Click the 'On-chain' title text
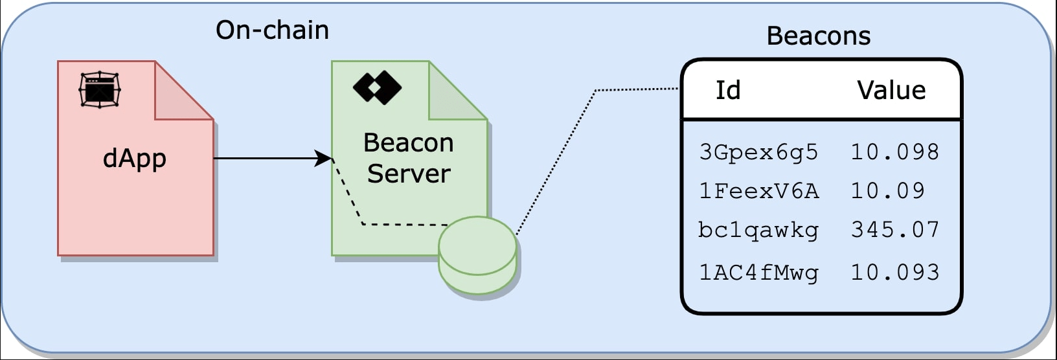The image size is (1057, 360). [x=272, y=30]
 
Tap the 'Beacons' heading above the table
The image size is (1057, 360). [x=819, y=36]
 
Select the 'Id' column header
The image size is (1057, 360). [x=728, y=90]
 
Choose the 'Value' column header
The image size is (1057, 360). [x=891, y=90]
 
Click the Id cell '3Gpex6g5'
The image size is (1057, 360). [x=758, y=152]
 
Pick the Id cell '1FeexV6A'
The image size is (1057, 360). [x=758, y=191]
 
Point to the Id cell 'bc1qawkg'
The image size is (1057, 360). [x=758, y=230]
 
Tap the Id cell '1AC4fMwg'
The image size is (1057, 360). [x=758, y=273]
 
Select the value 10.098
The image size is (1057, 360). [x=894, y=152]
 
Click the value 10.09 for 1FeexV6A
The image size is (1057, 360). [x=887, y=191]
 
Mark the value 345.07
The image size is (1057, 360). [x=894, y=230]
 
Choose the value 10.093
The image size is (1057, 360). [x=894, y=273]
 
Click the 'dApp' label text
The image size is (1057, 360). [x=135, y=159]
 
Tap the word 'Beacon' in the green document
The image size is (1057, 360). [x=409, y=143]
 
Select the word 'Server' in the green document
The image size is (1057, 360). [x=409, y=174]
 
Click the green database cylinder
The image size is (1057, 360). [x=478, y=256]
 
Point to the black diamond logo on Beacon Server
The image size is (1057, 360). [x=377, y=87]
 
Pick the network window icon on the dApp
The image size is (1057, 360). [x=100, y=89]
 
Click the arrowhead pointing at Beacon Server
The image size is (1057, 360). [x=324, y=158]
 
